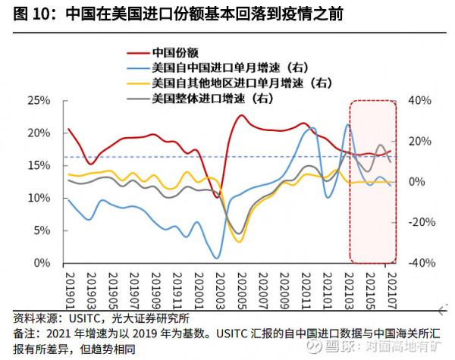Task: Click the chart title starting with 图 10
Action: (174, 14)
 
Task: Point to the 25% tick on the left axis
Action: (39, 100)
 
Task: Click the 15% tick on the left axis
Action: (39, 165)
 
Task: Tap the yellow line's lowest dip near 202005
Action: (240, 242)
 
